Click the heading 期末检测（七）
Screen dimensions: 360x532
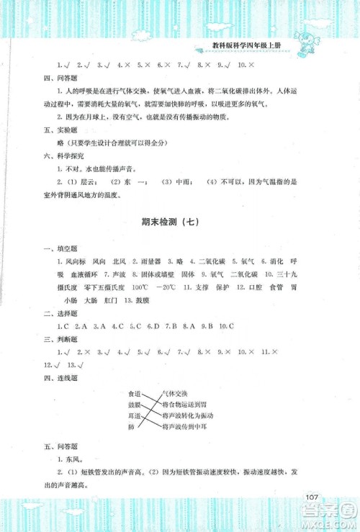[180, 221]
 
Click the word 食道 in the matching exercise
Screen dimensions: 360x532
[133, 394]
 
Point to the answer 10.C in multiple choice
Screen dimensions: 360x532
[226, 326]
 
